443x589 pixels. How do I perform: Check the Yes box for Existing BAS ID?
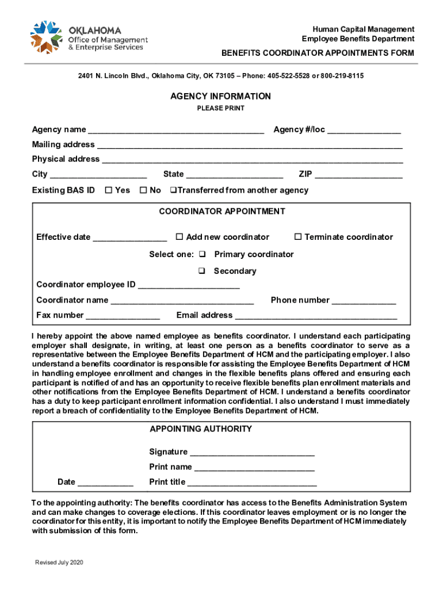[x=108, y=190]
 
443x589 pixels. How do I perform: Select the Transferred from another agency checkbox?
[x=173, y=190]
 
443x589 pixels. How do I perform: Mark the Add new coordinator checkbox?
[x=179, y=237]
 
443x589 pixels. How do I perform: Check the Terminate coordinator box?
[x=298, y=237]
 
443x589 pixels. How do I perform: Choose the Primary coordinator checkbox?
[x=203, y=254]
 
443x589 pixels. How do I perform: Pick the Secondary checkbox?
[x=203, y=271]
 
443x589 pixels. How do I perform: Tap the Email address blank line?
[x=316, y=316]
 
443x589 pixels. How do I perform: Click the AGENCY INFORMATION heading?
[x=220, y=96]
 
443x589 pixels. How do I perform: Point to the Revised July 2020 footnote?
[x=59, y=562]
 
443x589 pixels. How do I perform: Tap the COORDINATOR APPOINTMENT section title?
[x=221, y=211]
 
